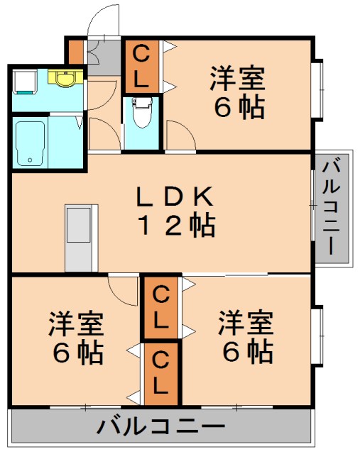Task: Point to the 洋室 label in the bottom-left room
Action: [x=77, y=323]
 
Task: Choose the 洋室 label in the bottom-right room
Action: [x=246, y=323]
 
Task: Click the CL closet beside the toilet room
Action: [x=141, y=67]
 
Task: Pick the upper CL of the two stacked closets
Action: [x=161, y=307]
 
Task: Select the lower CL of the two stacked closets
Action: [x=161, y=375]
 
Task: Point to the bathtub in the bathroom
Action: [x=31, y=142]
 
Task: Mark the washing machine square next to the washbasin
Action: [x=23, y=81]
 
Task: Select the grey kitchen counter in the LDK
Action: [x=81, y=238]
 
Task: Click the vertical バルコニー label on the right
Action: [x=332, y=209]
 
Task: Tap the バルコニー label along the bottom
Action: [x=160, y=427]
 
